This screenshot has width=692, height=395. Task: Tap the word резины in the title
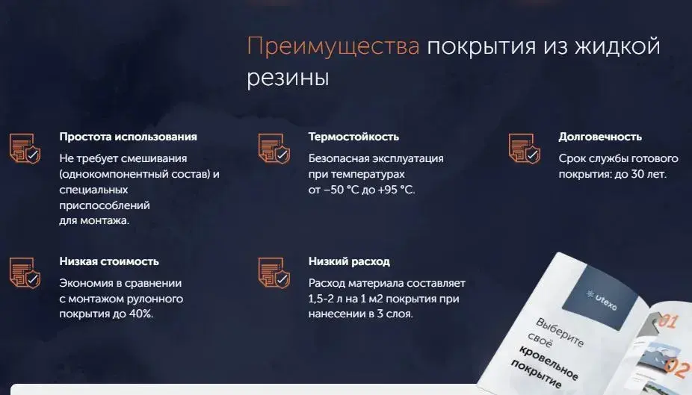(x=288, y=78)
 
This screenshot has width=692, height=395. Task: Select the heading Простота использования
(x=128, y=137)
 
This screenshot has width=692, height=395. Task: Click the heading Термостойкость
(x=353, y=137)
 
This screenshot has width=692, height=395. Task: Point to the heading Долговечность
(x=600, y=137)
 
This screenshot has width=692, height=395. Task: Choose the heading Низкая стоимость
(x=109, y=261)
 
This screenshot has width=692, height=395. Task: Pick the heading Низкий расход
(x=349, y=261)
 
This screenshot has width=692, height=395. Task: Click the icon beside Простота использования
(x=25, y=149)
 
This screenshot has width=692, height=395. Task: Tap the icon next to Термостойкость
(x=274, y=149)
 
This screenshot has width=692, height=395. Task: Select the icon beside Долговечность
(x=525, y=149)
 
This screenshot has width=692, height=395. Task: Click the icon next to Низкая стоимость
(x=25, y=273)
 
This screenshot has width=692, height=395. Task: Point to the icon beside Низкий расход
(x=274, y=273)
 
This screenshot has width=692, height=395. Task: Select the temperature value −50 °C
(x=342, y=190)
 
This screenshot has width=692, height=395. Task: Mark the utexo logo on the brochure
(x=602, y=299)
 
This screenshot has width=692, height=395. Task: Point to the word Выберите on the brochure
(x=560, y=332)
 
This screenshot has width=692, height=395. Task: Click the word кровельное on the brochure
(x=548, y=363)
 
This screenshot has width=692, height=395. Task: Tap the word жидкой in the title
(x=618, y=46)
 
